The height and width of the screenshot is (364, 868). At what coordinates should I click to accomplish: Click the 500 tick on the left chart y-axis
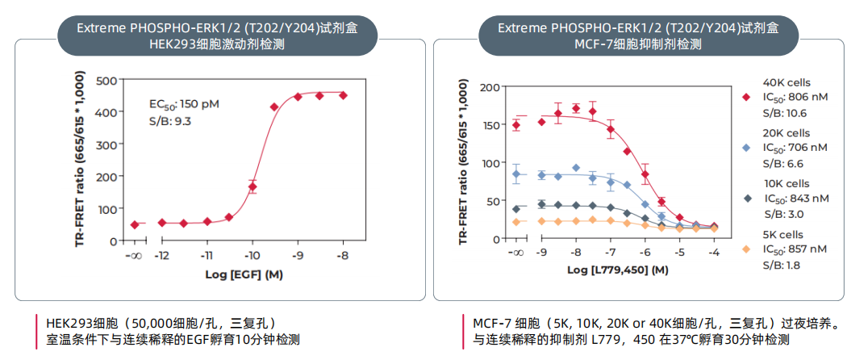(106, 80)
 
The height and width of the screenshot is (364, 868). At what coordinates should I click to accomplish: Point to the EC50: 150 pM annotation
(184, 104)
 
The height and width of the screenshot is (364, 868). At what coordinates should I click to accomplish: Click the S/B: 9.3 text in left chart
(170, 121)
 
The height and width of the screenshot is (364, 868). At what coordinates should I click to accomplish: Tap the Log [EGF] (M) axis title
(237, 274)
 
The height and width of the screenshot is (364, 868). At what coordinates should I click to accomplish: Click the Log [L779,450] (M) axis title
(619, 270)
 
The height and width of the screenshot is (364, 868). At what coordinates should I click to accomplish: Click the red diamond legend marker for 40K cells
(746, 97)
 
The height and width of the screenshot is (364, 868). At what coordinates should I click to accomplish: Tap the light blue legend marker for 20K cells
(746, 148)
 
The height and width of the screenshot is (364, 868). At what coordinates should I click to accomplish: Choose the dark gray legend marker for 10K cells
(746, 199)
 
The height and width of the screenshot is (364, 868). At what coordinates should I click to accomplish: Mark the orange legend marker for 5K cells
(746, 249)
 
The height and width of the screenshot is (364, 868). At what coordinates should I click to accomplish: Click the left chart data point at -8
(343, 95)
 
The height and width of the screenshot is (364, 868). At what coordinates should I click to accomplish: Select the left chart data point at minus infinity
(135, 224)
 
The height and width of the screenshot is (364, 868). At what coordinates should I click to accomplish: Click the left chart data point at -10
(252, 186)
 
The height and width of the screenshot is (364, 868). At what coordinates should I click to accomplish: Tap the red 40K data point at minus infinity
(516, 124)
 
